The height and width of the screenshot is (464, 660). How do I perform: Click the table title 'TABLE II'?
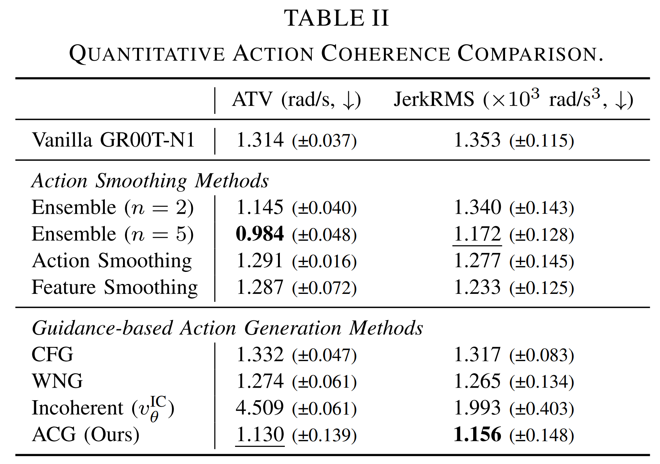pos(336,18)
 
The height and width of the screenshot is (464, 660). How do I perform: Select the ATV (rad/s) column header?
pos(296,99)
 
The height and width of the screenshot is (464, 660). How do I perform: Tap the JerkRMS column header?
pos(513,99)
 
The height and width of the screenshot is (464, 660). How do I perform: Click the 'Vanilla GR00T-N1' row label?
pos(113,140)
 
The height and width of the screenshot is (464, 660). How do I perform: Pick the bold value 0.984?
pos(260,234)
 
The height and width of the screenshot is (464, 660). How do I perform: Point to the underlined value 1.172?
pos(477,234)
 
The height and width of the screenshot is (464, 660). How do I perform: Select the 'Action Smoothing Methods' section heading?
pos(150,181)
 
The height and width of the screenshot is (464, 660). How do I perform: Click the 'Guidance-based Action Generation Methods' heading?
pos(227,328)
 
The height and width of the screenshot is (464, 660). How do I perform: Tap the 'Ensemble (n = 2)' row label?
pos(112,208)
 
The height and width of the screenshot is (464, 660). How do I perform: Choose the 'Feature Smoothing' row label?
pos(115,287)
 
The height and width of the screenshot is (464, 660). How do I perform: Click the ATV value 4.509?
pos(260,408)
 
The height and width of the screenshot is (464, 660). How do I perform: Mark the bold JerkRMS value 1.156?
pos(477,434)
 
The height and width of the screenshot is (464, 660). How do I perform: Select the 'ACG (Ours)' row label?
pos(86,434)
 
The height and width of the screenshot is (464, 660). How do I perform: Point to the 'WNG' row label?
pos(57,381)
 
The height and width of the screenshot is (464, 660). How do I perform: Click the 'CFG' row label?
pos(52,355)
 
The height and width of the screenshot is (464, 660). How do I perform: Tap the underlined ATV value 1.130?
pos(260,434)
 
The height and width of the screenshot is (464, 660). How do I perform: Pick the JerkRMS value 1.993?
pos(477,408)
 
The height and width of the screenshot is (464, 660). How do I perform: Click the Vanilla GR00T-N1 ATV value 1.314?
pos(260,140)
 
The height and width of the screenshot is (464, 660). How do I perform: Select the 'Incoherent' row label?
pos(77,408)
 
